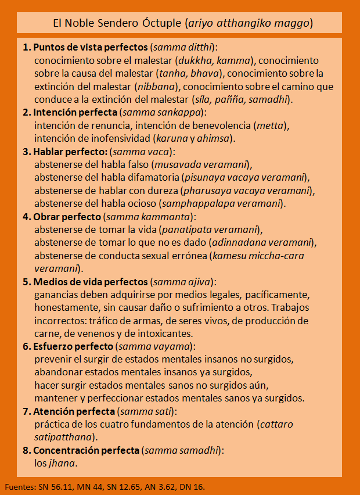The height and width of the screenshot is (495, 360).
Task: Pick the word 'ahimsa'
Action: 213,138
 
